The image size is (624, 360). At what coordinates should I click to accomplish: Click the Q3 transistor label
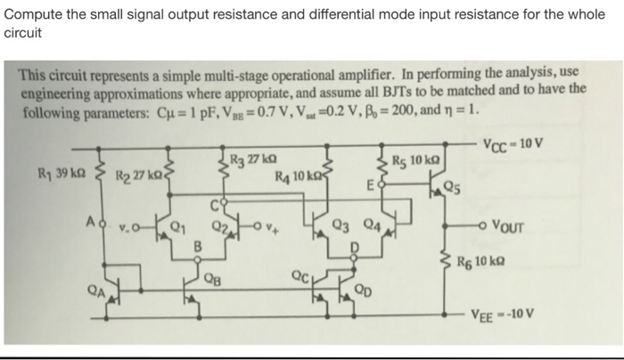341,224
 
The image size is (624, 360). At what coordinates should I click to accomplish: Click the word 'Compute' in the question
34,13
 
